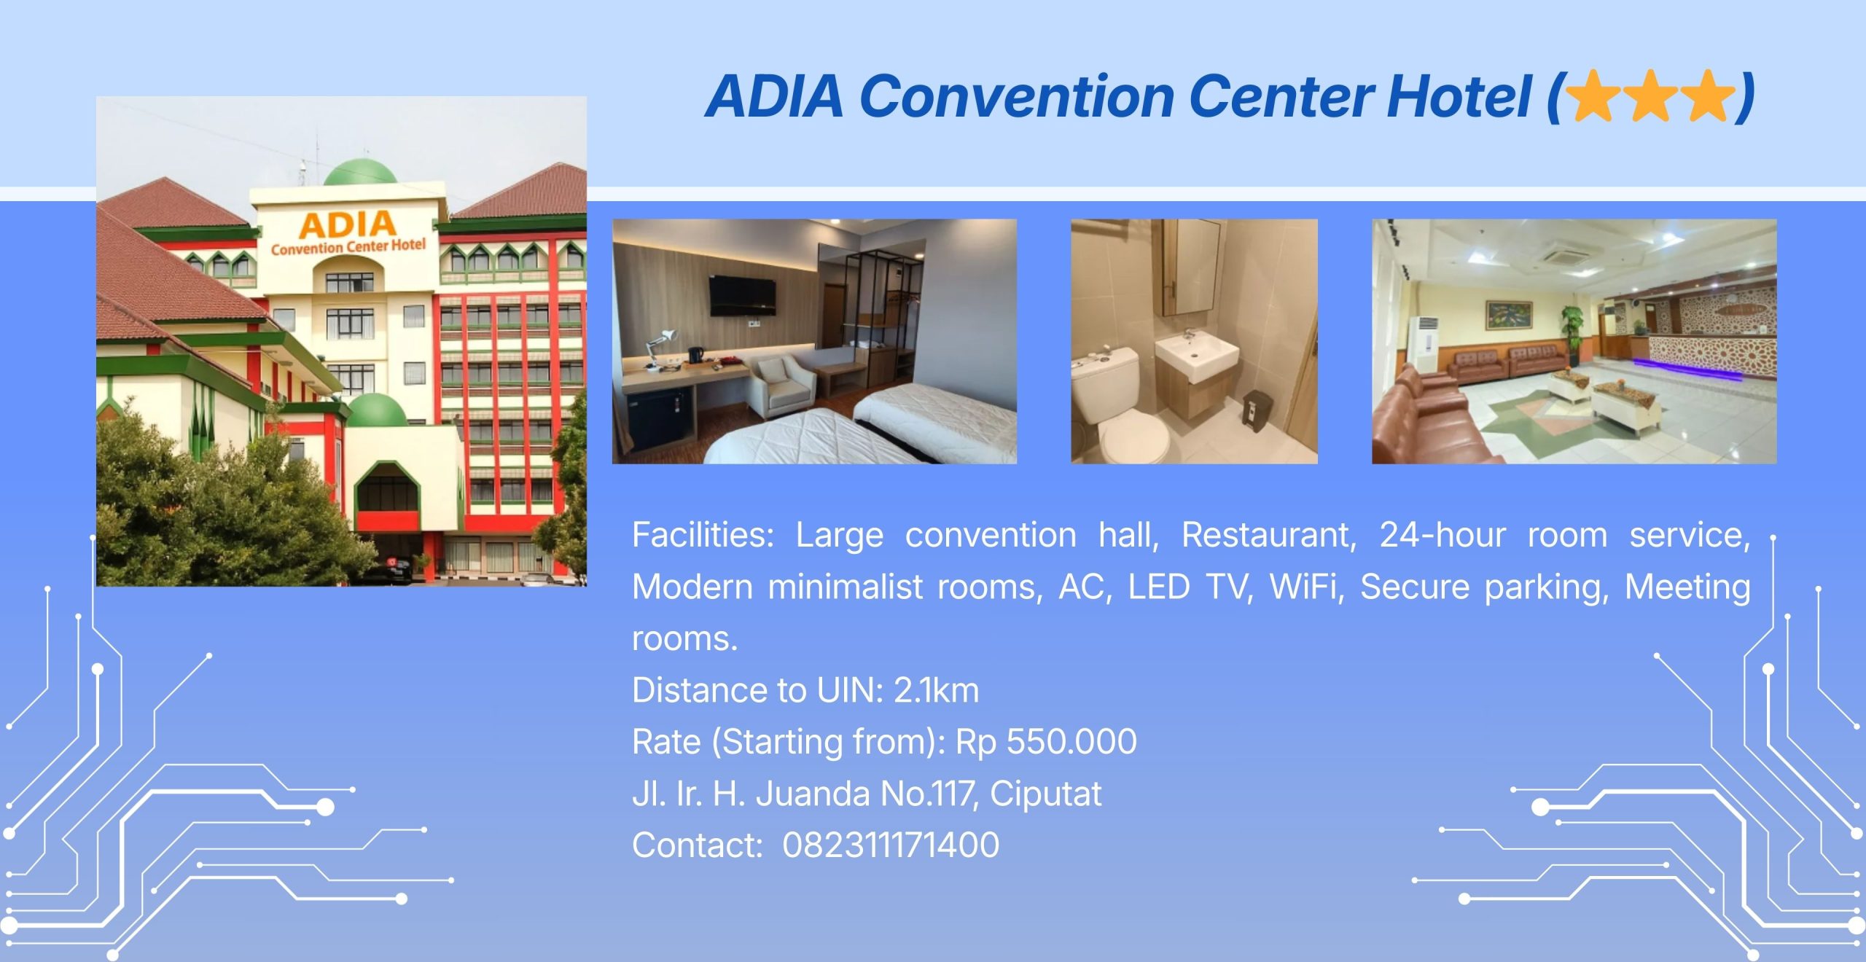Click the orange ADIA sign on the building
[x=347, y=225]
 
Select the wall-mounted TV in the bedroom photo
[x=743, y=296]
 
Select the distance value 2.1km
[x=936, y=690]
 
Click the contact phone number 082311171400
[x=891, y=845]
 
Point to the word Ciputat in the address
[x=1045, y=794]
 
